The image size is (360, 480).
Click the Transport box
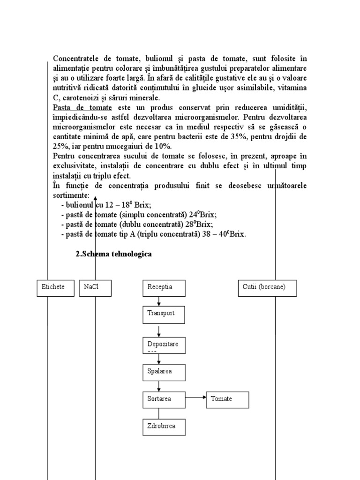click(164, 315)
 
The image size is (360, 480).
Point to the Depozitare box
click(164, 345)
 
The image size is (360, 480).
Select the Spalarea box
click(164, 372)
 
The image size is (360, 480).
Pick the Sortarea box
click(164, 400)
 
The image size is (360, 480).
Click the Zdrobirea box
click(164, 427)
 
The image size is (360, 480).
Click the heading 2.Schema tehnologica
click(113, 255)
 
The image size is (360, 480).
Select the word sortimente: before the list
click(71, 195)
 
